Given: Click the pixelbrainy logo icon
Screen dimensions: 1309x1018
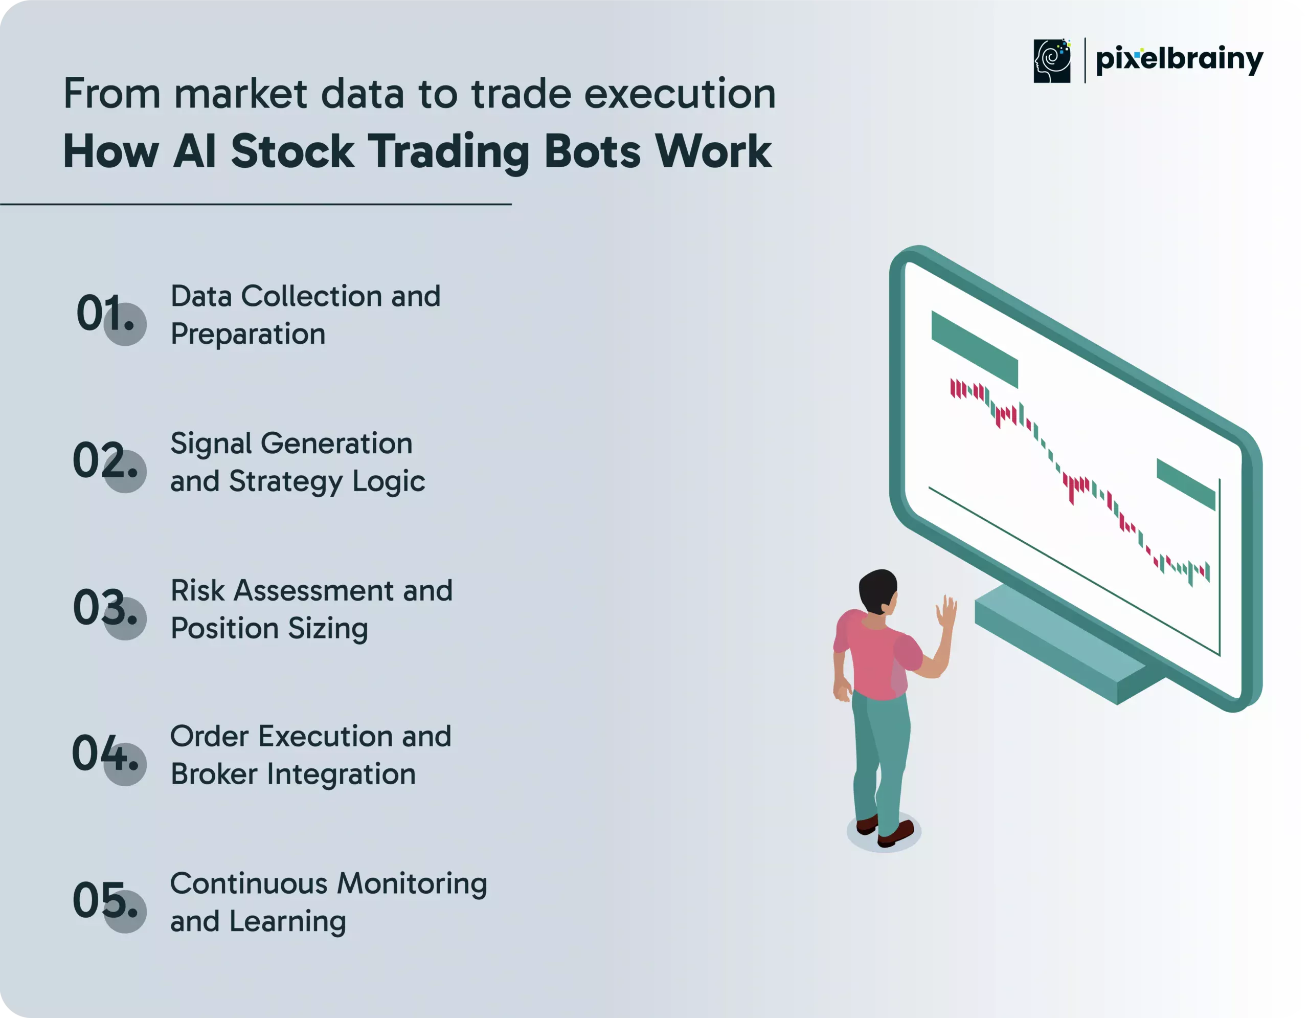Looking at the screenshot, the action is pyautogui.click(x=1052, y=60).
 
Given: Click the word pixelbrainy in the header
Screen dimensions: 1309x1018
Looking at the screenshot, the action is pyautogui.click(x=1179, y=60).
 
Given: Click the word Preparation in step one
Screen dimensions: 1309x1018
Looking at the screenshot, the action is pyautogui.click(x=248, y=335).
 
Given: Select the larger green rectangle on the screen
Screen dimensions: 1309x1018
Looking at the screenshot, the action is pyautogui.click(x=975, y=349).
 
